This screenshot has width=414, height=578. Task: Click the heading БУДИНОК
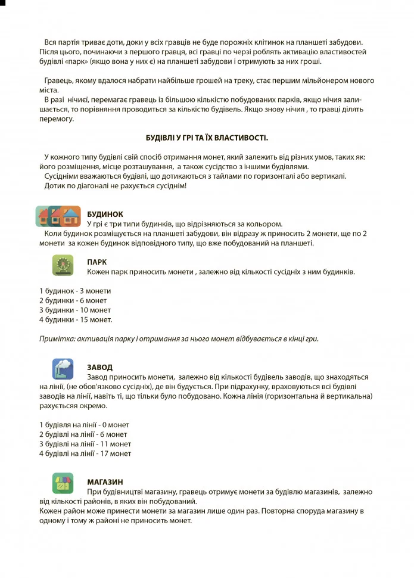(105, 213)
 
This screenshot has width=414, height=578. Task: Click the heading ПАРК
(97, 262)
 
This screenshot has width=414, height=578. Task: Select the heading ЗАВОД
(99, 367)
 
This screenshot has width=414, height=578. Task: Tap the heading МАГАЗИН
(105, 481)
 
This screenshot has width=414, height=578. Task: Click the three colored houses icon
(58, 216)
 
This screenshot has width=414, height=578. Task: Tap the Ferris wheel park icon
(63, 265)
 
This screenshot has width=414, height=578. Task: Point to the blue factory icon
(63, 368)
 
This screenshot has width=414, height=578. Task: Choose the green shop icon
(63, 483)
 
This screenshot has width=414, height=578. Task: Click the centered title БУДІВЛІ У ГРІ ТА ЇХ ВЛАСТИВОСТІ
(207, 138)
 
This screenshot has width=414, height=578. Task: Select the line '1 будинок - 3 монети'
(75, 291)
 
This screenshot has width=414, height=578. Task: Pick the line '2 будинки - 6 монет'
(73, 300)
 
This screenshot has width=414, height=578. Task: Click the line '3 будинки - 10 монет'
(75, 310)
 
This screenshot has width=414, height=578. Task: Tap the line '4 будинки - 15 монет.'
(76, 319)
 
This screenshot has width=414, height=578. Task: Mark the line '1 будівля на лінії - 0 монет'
(84, 425)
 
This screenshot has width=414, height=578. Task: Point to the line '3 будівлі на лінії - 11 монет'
(85, 444)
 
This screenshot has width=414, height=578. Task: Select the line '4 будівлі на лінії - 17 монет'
(85, 453)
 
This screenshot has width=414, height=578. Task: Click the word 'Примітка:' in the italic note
(55, 338)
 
